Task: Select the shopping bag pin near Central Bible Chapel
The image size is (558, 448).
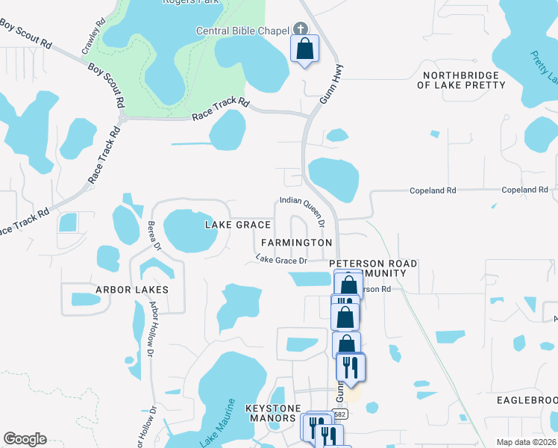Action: click(304, 49)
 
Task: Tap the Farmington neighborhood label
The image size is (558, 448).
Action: click(296, 243)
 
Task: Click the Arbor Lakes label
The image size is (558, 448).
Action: click(131, 289)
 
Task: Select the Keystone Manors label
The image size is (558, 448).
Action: click(273, 413)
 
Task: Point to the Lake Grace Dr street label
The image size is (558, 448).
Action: click(281, 260)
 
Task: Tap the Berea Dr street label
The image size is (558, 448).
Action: click(155, 235)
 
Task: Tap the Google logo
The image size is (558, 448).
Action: click(24, 439)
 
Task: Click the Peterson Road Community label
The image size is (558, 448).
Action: click(373, 269)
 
